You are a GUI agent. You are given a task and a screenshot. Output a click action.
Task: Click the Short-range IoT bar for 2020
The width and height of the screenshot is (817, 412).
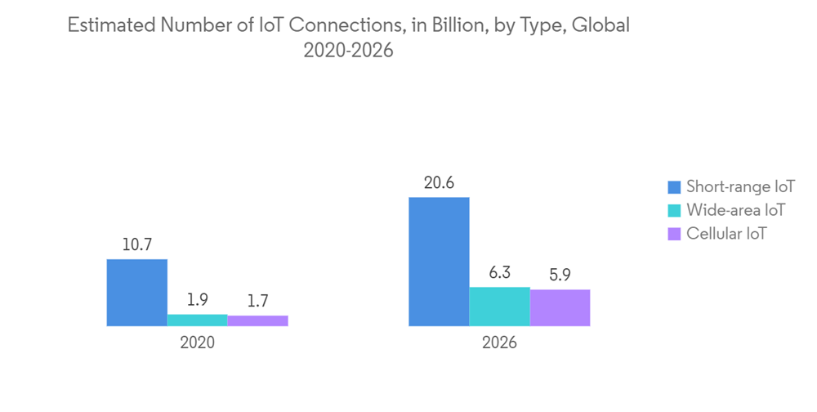[137, 293]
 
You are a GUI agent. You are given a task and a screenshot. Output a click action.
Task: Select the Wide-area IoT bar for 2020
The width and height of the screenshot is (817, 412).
[197, 320]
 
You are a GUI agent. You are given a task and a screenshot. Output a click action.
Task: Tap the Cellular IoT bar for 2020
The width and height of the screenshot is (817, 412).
[257, 321]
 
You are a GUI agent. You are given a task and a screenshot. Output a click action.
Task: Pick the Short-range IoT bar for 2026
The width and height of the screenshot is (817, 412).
[439, 262]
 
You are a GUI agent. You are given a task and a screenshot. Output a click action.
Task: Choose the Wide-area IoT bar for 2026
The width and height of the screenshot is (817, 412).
[499, 307]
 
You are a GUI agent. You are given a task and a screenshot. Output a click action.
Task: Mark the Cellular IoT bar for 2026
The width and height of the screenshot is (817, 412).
[560, 307]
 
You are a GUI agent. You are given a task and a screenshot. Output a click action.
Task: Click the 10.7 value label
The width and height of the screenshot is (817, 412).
[137, 244]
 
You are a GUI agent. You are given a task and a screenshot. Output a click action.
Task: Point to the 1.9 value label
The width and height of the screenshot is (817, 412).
[197, 299]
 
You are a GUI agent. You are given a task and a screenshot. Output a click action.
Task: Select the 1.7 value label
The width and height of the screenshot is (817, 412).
[257, 301]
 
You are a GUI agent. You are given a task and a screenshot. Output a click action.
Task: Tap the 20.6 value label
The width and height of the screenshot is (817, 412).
[439, 182]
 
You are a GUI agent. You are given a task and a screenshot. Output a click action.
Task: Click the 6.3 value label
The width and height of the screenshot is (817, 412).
[499, 272]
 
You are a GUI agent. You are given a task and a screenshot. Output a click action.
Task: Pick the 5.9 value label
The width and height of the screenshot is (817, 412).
[560, 275]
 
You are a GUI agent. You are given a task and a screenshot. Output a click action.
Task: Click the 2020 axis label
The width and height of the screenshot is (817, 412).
[197, 343]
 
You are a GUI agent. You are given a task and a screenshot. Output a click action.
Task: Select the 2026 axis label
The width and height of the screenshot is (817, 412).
[499, 343]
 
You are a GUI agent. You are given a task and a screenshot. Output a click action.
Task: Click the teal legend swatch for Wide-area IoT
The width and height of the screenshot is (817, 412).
[674, 210]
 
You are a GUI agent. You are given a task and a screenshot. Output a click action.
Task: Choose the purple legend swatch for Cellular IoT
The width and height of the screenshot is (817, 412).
[674, 234]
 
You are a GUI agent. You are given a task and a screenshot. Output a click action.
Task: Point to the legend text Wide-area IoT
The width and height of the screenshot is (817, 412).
[735, 210]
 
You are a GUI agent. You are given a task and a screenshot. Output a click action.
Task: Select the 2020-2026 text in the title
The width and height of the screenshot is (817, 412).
[348, 50]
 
